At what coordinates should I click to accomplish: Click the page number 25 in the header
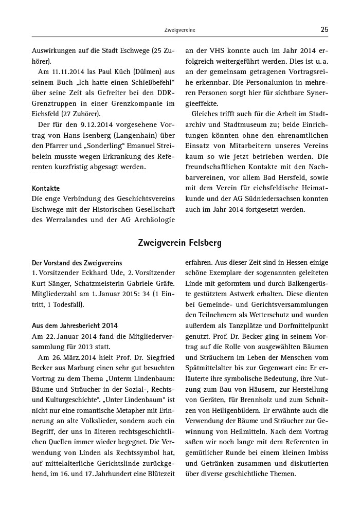point(324,30)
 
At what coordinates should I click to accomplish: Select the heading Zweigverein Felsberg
point(180,242)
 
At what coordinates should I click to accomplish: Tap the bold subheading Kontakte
point(46,188)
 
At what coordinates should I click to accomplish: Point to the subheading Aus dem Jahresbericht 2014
point(75,325)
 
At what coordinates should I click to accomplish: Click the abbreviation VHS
point(211,51)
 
